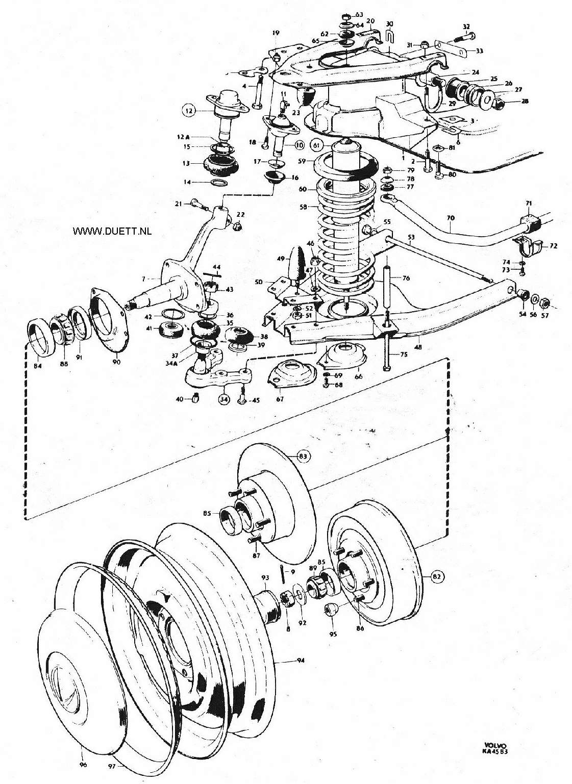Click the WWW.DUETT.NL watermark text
point(112,232)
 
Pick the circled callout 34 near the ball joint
point(224,399)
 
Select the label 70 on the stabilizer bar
point(451,218)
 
